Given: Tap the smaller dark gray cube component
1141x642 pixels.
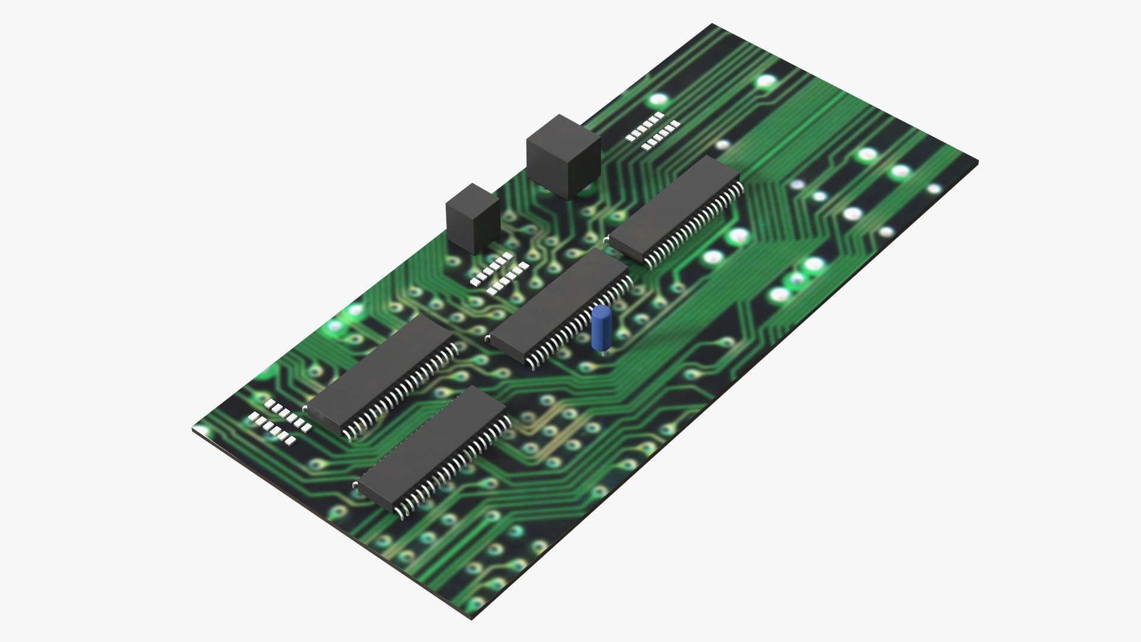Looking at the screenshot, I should (x=473, y=218).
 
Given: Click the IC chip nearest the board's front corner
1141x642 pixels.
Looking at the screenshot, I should (x=433, y=451).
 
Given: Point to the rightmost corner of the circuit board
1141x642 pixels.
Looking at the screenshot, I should (x=977, y=162).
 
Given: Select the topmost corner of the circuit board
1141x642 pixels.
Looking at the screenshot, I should (x=713, y=25).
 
